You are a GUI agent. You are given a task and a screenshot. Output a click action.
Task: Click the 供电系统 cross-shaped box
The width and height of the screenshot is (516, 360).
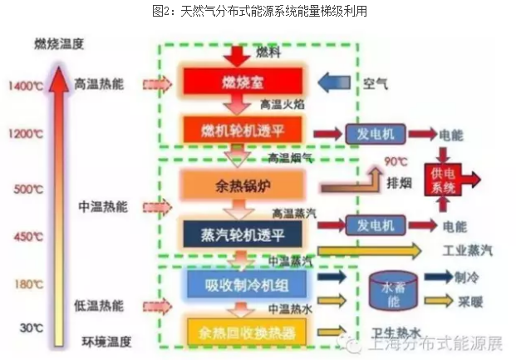click(446, 180)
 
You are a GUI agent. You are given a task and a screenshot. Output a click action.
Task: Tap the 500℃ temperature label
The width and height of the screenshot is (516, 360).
click(27, 188)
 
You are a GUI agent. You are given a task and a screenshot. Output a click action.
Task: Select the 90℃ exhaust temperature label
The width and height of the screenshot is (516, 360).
click(395, 161)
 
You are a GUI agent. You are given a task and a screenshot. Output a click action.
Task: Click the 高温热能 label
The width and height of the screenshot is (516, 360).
click(97, 85)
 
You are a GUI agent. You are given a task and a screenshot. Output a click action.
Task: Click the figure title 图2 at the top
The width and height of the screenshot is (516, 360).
click(258, 12)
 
